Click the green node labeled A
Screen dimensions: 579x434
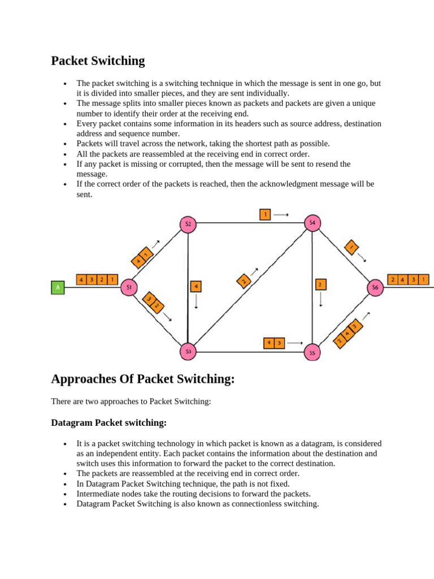(57, 288)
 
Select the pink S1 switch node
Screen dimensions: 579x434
(129, 288)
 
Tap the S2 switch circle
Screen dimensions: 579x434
(188, 224)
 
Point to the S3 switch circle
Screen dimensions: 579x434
(188, 352)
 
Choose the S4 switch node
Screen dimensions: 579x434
(313, 223)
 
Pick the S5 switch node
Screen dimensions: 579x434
(312, 353)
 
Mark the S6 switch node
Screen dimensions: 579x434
(375, 288)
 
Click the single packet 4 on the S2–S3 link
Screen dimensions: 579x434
(196, 286)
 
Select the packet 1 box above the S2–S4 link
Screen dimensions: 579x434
(265, 214)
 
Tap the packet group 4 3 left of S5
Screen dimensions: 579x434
(274, 343)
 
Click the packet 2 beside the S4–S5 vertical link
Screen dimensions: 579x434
(320, 284)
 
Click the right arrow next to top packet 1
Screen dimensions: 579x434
(281, 214)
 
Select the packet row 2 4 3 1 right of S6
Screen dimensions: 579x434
(408, 279)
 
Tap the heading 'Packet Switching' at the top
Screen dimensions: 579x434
(98, 61)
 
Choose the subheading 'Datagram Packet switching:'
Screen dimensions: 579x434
(108, 422)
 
